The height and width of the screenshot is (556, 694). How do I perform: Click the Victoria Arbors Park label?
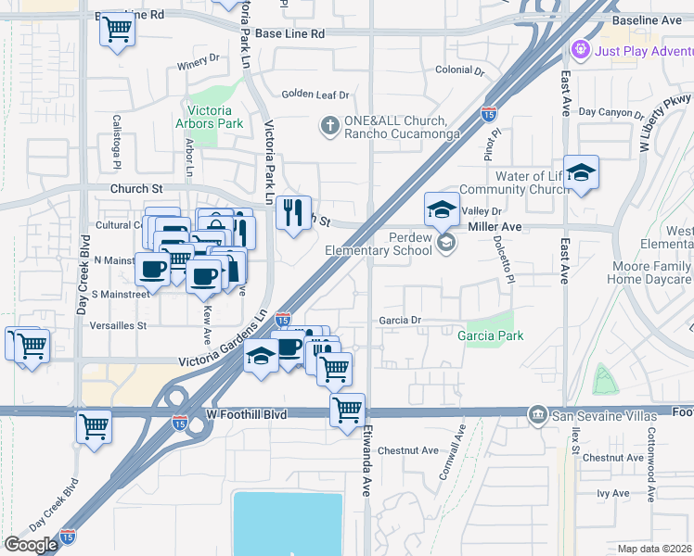click(210, 117)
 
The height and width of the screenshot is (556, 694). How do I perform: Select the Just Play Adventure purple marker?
click(582, 47)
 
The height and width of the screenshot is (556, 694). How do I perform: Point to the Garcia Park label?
click(490, 335)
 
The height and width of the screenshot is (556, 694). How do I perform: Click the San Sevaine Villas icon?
click(536, 413)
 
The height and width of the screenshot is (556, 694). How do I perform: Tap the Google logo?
click(31, 544)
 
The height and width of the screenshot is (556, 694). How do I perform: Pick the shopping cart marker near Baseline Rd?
click(118, 30)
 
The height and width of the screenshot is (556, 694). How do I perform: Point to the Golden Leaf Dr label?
click(315, 95)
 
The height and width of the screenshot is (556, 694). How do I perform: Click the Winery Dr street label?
click(198, 68)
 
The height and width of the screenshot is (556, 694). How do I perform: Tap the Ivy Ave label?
click(613, 494)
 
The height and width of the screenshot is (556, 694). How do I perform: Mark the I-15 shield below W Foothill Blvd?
click(179, 423)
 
